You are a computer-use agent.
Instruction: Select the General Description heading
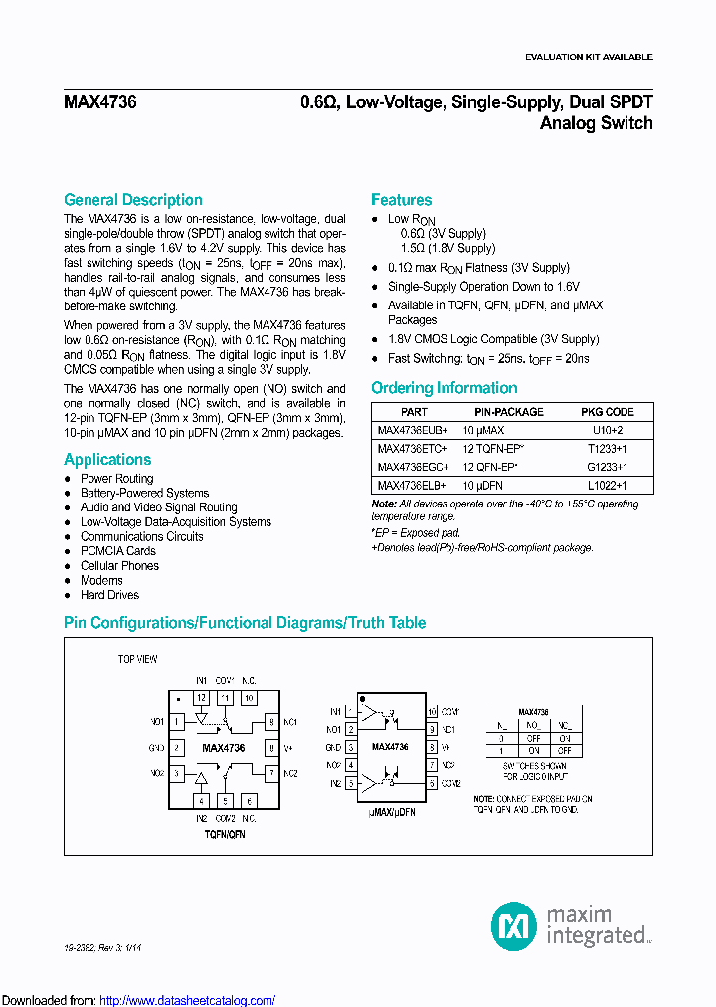[132, 200]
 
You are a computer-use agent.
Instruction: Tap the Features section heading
[401, 200]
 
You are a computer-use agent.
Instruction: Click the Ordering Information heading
[444, 388]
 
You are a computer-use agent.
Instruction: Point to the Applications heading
[107, 460]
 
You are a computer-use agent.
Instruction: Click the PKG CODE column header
[607, 412]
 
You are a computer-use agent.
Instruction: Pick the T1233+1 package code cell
[607, 449]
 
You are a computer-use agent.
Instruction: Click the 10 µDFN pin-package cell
[482, 485]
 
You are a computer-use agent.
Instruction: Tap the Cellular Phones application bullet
[119, 566]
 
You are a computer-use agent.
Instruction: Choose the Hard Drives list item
[109, 595]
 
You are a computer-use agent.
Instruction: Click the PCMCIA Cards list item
[117, 551]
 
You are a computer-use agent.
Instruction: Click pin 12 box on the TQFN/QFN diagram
[201, 699]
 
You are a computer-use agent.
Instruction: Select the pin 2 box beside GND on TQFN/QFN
[177, 747]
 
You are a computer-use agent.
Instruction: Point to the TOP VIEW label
[138, 659]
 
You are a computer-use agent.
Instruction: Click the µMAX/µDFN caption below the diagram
[392, 813]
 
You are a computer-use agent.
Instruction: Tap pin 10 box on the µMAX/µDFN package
[432, 712]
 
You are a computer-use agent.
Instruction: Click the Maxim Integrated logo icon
[514, 925]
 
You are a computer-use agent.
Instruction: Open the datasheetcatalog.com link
[188, 1000]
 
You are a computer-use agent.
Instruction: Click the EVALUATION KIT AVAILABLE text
[589, 57]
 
